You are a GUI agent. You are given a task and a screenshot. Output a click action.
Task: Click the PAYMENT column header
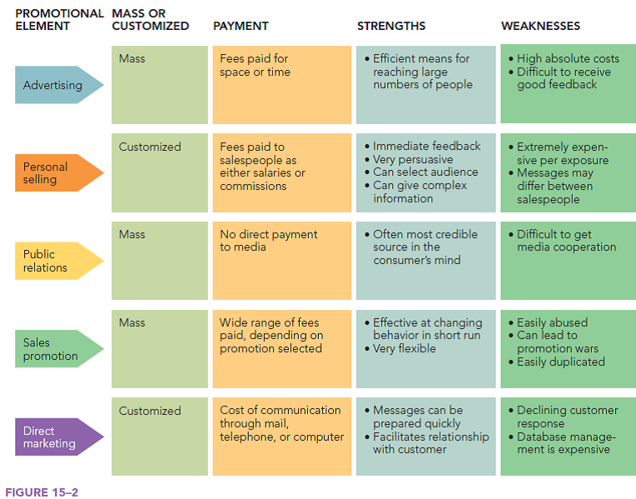pos(241,26)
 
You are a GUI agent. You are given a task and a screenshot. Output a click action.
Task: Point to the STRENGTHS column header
pos(391,26)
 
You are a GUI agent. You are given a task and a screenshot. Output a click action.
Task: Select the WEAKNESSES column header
pos(540,26)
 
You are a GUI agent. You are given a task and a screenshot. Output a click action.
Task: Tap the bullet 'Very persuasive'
pos(413,159)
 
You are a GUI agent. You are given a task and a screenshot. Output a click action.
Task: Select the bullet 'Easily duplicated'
pos(560,362)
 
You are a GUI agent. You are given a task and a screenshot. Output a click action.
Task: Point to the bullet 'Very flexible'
pos(405,348)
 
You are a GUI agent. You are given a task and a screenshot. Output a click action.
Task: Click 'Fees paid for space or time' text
pos(255,65)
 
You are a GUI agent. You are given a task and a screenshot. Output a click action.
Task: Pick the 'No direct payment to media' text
pos(268,241)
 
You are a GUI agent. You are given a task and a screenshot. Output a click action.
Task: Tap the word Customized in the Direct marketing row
pos(150,411)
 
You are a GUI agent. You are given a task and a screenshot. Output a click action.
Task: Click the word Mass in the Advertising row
pos(132,58)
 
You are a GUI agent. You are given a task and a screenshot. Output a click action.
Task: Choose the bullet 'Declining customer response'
pos(567,417)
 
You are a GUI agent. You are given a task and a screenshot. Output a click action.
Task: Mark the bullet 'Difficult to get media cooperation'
pos(566,241)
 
